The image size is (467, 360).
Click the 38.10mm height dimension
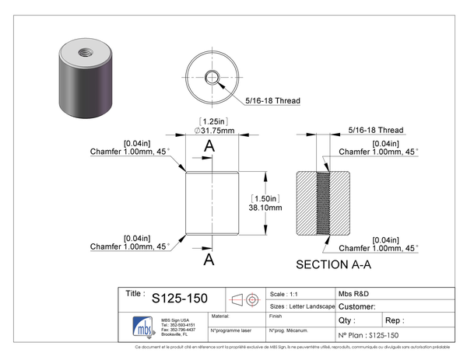[264, 208]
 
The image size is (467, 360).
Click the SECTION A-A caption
[334, 264]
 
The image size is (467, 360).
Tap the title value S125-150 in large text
[180, 298]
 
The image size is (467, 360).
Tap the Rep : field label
[395, 320]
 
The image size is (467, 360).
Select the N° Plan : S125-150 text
[372, 334]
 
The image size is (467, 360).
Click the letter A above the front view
[209, 147]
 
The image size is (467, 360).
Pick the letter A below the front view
[209, 260]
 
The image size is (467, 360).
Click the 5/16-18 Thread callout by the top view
[272, 100]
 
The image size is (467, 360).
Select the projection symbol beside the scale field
[246, 299]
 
